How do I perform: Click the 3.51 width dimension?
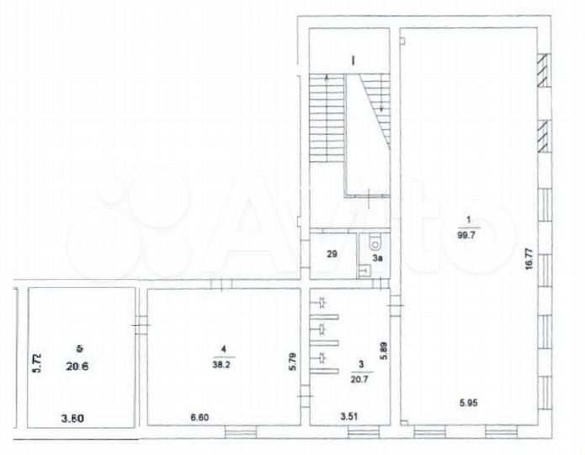[349, 415]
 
